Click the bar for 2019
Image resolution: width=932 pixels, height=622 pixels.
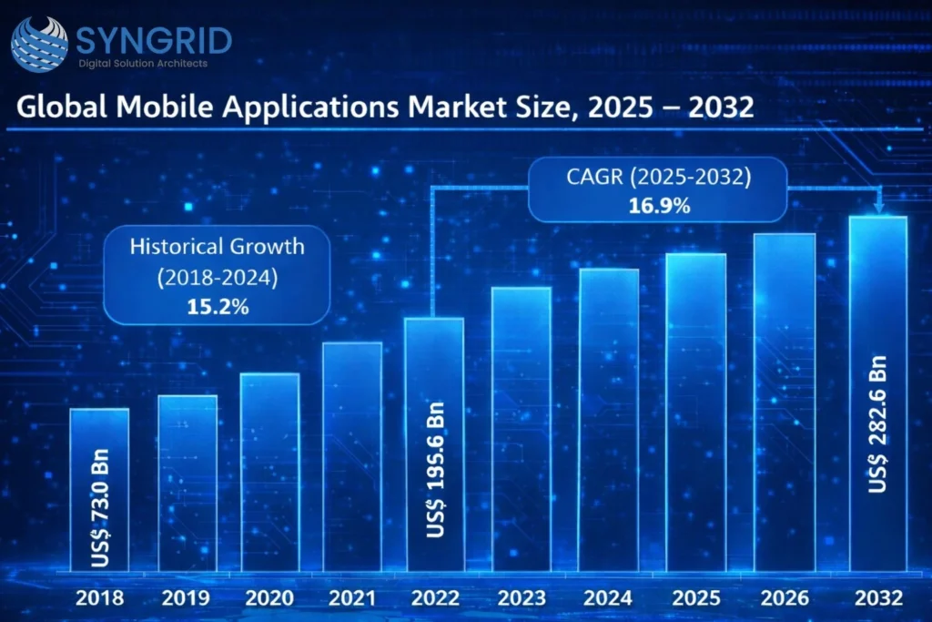(187, 483)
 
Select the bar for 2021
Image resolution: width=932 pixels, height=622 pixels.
(352, 455)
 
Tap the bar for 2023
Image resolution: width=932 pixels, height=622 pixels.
(522, 428)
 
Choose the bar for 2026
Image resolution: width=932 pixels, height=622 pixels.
(785, 401)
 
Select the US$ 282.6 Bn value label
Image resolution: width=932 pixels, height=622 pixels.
(878, 428)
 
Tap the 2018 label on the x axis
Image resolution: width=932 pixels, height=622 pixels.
(100, 598)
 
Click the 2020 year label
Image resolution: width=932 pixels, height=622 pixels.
(269, 598)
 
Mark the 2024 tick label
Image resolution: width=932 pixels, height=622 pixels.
(609, 598)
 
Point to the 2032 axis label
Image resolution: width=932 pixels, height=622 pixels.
(878, 598)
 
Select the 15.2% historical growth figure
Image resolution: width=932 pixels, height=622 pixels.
(216, 307)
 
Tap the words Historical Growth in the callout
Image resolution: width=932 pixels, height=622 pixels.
(217, 246)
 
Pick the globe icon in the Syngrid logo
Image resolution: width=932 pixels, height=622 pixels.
(38, 43)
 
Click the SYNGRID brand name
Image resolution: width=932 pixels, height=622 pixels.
(155, 39)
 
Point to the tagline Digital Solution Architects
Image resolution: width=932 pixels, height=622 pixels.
(143, 64)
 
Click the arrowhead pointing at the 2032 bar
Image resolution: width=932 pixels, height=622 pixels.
(878, 209)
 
